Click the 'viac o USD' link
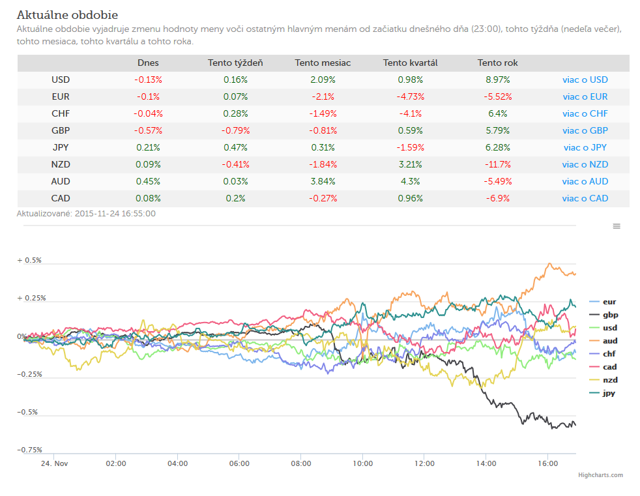pyautogui.click(x=585, y=80)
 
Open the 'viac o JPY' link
pyautogui.click(x=585, y=147)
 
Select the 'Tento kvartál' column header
pyautogui.click(x=410, y=63)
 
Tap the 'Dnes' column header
pyautogui.click(x=148, y=63)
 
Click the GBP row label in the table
pyautogui.click(x=61, y=130)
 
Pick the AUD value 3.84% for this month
pyautogui.click(x=323, y=181)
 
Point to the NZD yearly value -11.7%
pyautogui.click(x=497, y=164)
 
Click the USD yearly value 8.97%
pyautogui.click(x=497, y=80)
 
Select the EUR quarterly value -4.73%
pyautogui.click(x=410, y=96)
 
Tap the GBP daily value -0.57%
pyautogui.click(x=148, y=130)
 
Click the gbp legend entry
pyautogui.click(x=604, y=315)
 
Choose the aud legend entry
pyautogui.click(x=604, y=341)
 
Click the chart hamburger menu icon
pyautogui.click(x=617, y=226)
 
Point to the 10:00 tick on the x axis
pyautogui.click(x=362, y=463)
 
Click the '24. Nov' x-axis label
pyautogui.click(x=54, y=463)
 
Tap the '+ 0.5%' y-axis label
pyautogui.click(x=29, y=261)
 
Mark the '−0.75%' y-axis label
pyautogui.click(x=29, y=450)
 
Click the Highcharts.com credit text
pyautogui.click(x=600, y=474)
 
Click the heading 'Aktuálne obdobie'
pyautogui.click(x=67, y=15)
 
